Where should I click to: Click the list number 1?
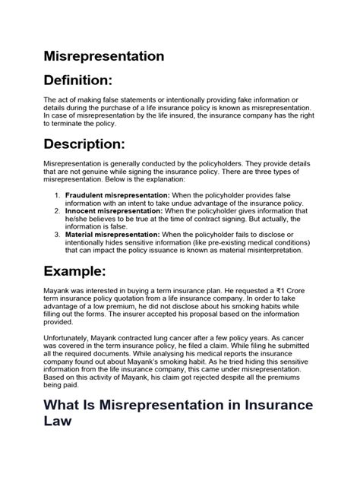[x=58, y=195]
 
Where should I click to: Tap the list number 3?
[x=58, y=235]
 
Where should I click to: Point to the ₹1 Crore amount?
[x=259, y=293]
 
